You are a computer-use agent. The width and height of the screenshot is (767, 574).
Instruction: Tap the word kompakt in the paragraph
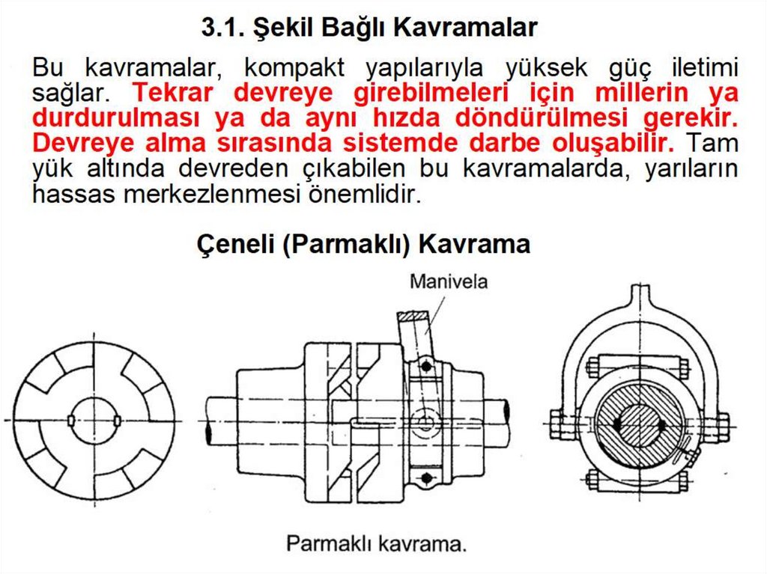pyautogui.click(x=294, y=67)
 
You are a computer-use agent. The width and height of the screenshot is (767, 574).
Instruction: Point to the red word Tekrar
pyautogui.click(x=174, y=92)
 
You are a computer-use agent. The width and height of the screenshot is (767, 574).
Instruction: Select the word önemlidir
pyautogui.click(x=365, y=194)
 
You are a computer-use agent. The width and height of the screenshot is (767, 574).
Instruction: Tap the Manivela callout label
pyautogui.click(x=449, y=281)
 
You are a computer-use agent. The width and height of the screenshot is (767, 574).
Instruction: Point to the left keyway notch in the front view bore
pyautogui.click(x=71, y=421)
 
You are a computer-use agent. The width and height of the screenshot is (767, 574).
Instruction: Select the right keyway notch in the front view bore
pyautogui.click(x=118, y=421)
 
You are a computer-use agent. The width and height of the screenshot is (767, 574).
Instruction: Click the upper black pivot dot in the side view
pyautogui.click(x=426, y=366)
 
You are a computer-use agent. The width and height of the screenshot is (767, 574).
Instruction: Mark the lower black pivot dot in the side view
pyautogui.click(x=426, y=477)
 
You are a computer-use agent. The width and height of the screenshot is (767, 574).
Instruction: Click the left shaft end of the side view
pyautogui.click(x=209, y=421)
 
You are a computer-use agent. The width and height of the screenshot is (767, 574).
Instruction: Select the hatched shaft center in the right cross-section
pyautogui.click(x=640, y=425)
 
